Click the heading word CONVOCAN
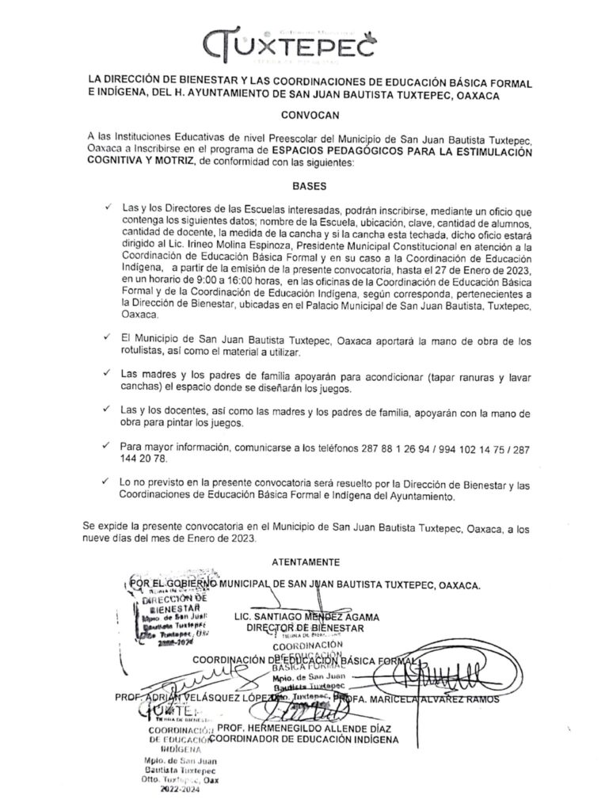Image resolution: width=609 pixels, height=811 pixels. [x=304, y=114]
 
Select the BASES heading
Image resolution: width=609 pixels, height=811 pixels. [x=304, y=188]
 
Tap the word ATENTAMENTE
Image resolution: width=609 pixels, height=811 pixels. [x=305, y=562]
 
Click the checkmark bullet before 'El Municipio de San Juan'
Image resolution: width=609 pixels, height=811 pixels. [x=108, y=337]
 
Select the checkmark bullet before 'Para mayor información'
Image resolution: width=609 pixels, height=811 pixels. [x=108, y=447]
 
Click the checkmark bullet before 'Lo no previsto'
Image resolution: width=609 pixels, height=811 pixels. [x=108, y=481]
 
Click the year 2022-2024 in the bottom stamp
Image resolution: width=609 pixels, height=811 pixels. [x=181, y=790]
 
